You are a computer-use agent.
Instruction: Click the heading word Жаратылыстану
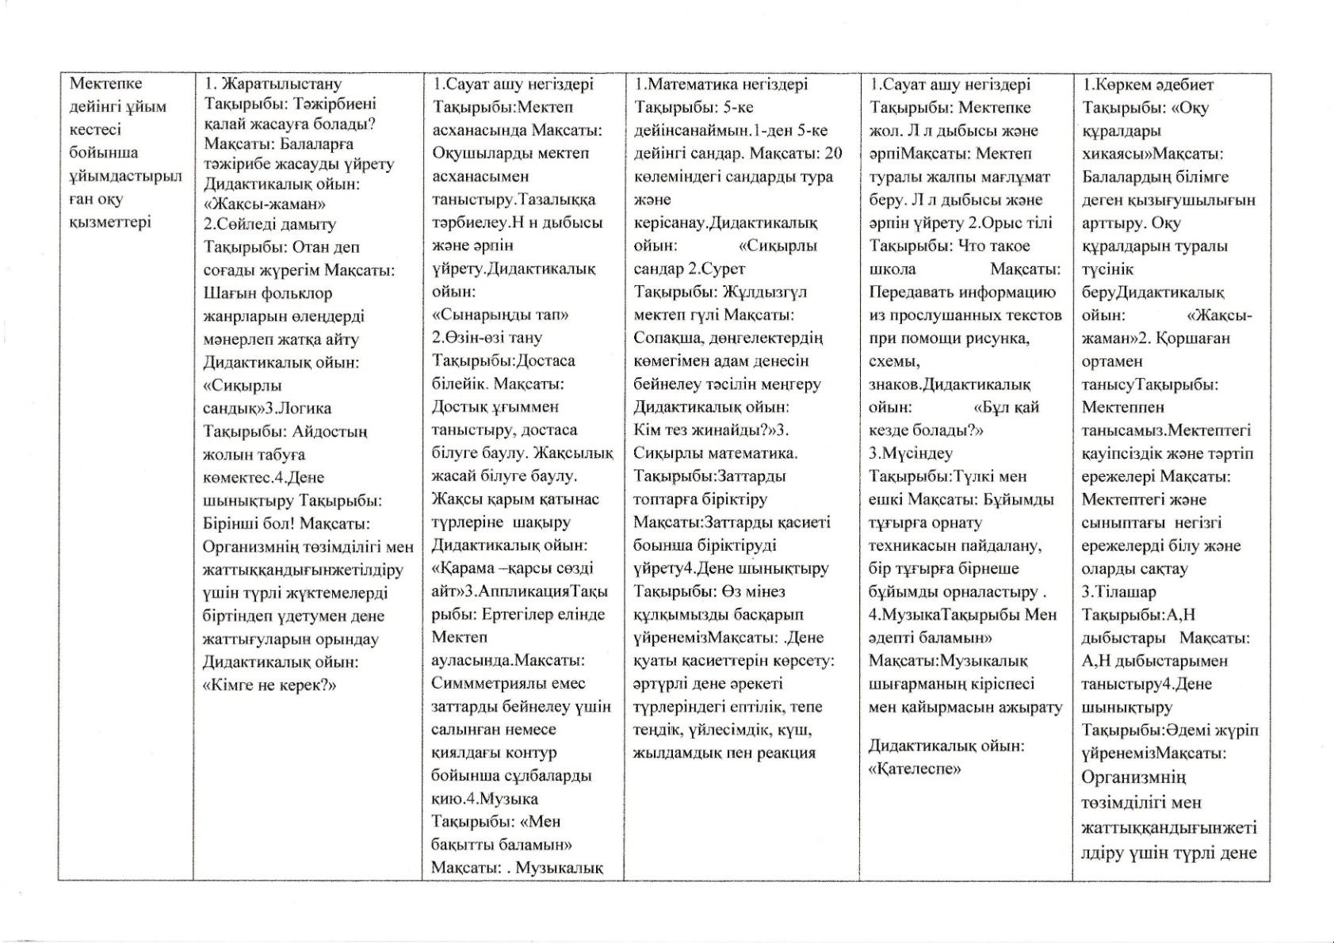[x=282, y=84]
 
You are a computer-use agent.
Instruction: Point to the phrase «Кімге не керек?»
[x=269, y=685]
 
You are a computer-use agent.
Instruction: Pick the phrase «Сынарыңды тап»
[x=500, y=315]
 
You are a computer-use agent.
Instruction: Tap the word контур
[x=529, y=752]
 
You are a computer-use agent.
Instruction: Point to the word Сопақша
[x=665, y=338]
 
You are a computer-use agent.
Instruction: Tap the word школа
[x=893, y=269]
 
